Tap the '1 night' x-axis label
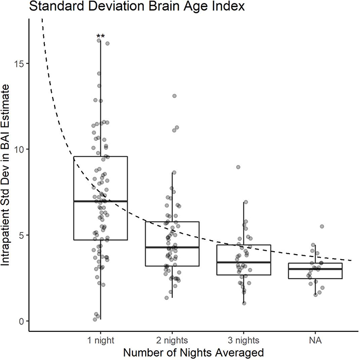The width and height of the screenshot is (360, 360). click(x=100, y=340)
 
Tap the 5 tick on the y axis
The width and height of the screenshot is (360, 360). click(x=23, y=235)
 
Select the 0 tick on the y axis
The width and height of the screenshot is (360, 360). click(x=23, y=321)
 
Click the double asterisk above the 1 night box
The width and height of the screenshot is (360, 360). click(x=100, y=37)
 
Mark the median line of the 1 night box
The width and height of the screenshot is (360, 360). click(x=100, y=201)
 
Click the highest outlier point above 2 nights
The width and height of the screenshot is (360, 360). click(x=174, y=96)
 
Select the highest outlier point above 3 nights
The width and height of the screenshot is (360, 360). click(x=238, y=167)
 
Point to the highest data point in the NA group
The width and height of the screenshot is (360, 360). click(x=322, y=227)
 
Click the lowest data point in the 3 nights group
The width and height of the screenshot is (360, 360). click(x=244, y=303)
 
